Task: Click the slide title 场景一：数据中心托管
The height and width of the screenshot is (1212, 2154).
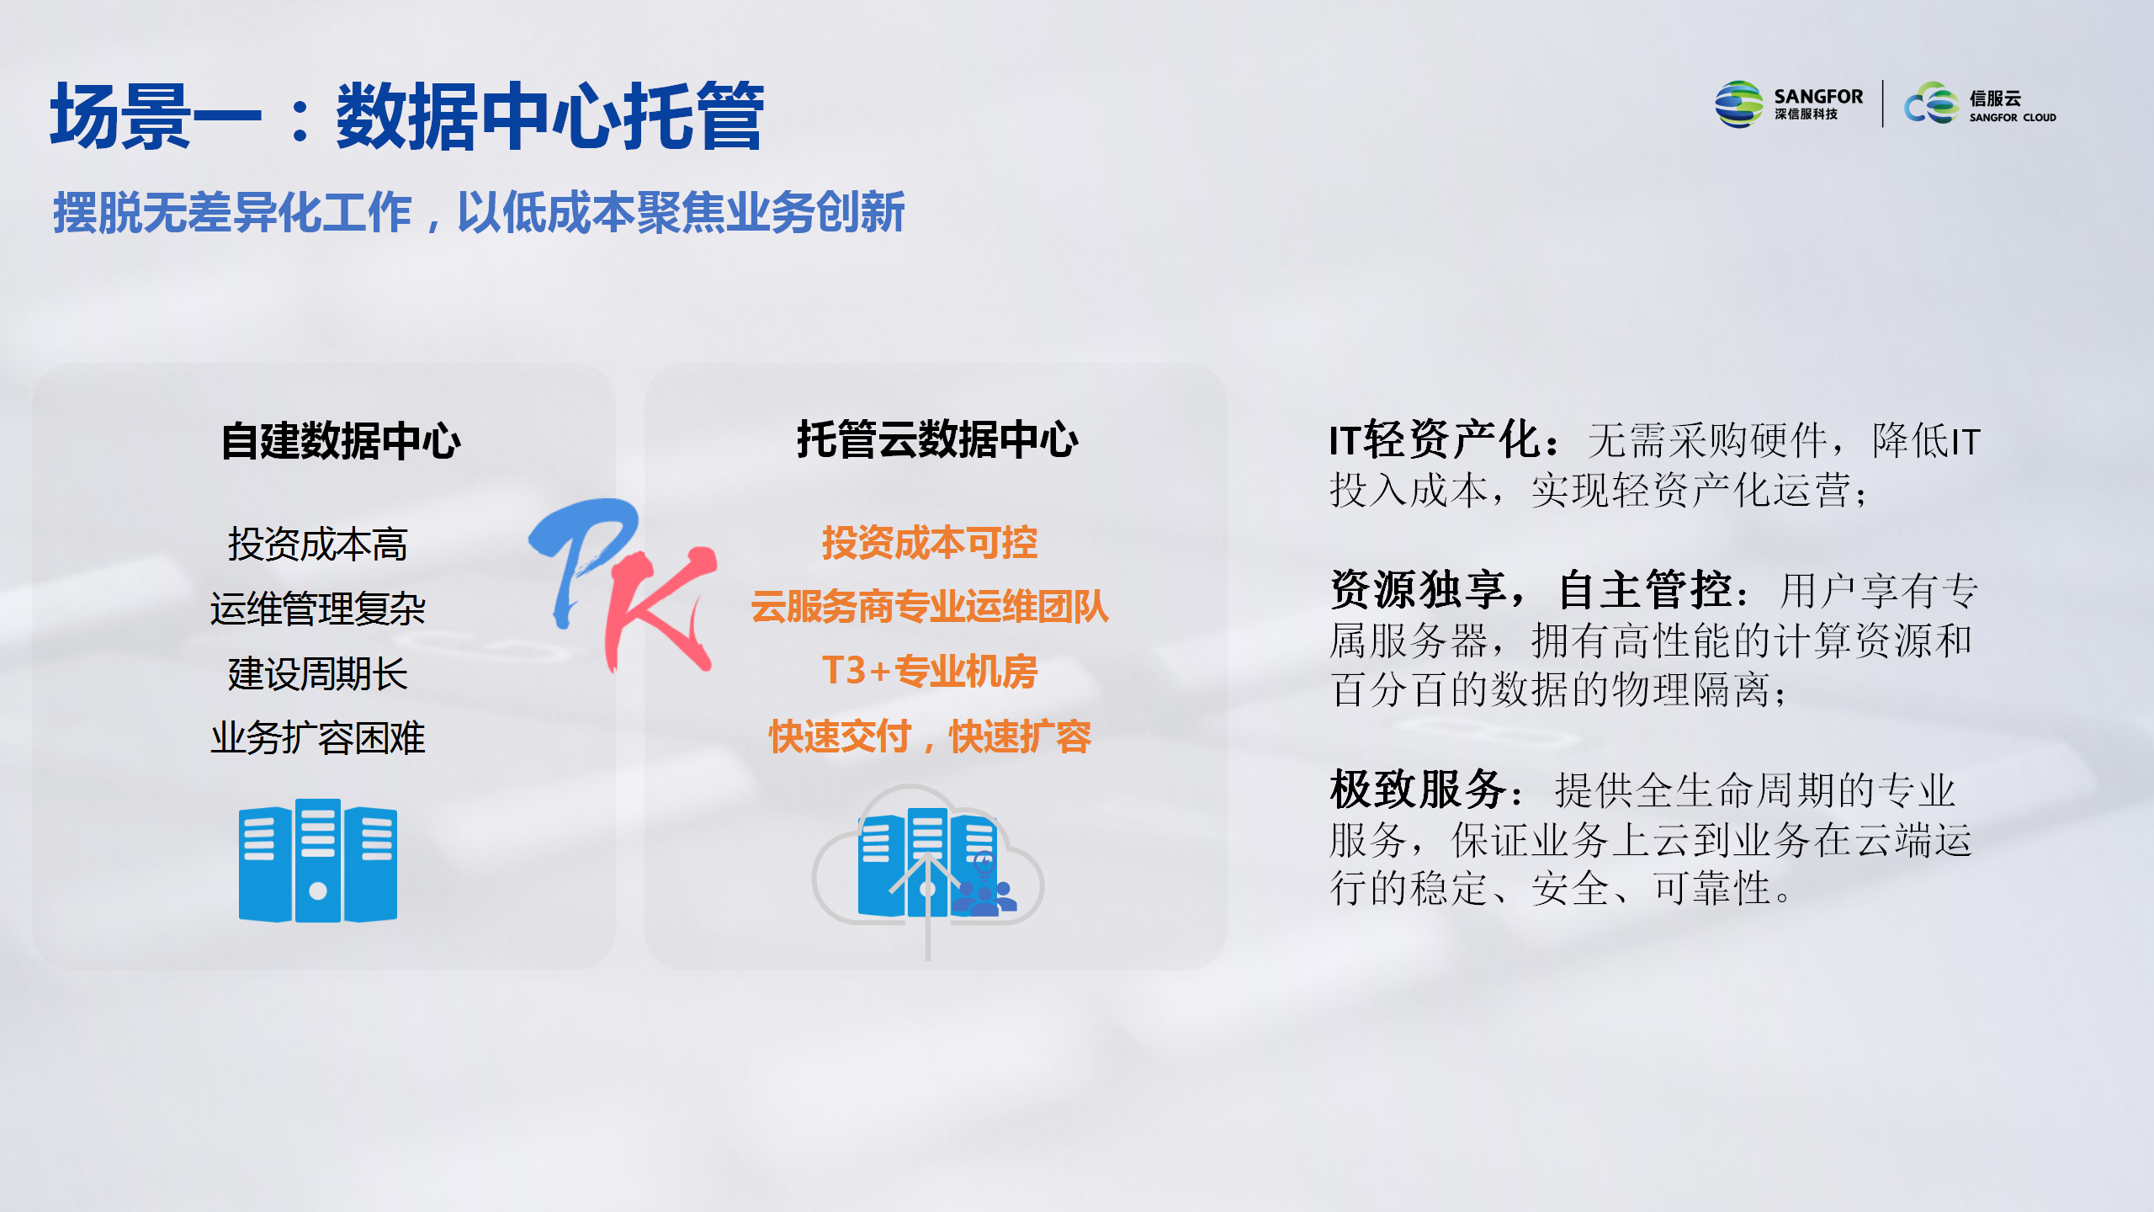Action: tap(407, 116)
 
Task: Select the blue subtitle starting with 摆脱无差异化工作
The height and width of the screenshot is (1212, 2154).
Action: tap(479, 212)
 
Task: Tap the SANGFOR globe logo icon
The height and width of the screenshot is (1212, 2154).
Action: tap(1738, 104)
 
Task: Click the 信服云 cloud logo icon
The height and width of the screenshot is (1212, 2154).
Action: tap(1932, 104)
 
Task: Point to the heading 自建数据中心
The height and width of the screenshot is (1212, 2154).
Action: tap(341, 441)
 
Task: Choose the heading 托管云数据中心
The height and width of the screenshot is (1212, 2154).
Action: tap(937, 439)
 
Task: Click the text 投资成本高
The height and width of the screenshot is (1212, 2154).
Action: tap(318, 544)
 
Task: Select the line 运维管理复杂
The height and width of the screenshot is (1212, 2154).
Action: tap(318, 609)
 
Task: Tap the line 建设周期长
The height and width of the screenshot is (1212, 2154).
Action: tap(318, 673)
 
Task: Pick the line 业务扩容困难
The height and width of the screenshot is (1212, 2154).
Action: tap(318, 738)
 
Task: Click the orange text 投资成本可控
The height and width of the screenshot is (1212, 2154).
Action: tap(930, 543)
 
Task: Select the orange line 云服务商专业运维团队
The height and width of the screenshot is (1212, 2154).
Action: tap(930, 607)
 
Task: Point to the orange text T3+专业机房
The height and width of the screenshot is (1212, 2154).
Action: tap(930, 672)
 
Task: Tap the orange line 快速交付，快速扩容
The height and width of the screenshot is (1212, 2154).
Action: tap(930, 736)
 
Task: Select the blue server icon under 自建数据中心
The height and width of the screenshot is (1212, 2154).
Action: tap(318, 860)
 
